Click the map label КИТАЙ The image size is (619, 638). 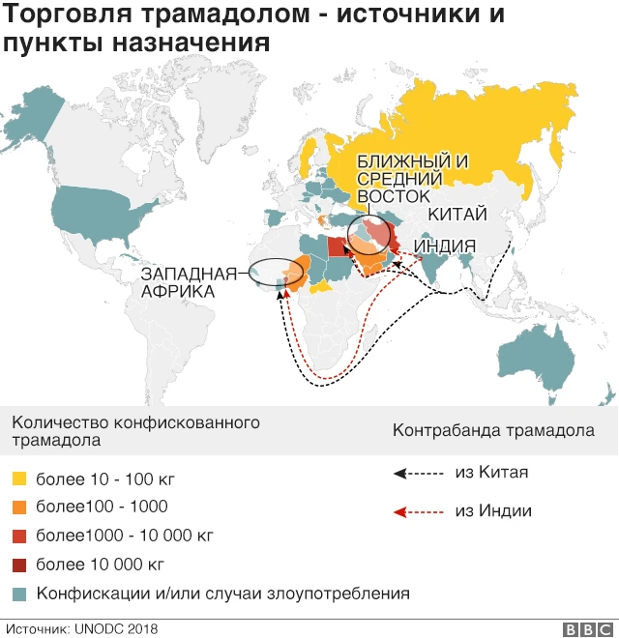(458, 215)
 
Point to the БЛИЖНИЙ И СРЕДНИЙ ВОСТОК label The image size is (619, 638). (400, 179)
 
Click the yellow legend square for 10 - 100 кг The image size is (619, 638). (19, 478)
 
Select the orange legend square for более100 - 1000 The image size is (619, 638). (19, 507)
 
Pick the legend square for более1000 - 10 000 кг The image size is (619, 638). (19, 536)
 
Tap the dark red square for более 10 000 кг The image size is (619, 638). (19, 565)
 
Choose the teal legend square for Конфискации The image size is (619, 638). (19, 593)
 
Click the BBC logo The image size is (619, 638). (582, 628)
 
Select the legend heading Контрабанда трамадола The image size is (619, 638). (492, 430)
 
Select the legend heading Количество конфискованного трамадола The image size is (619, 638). (134, 432)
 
